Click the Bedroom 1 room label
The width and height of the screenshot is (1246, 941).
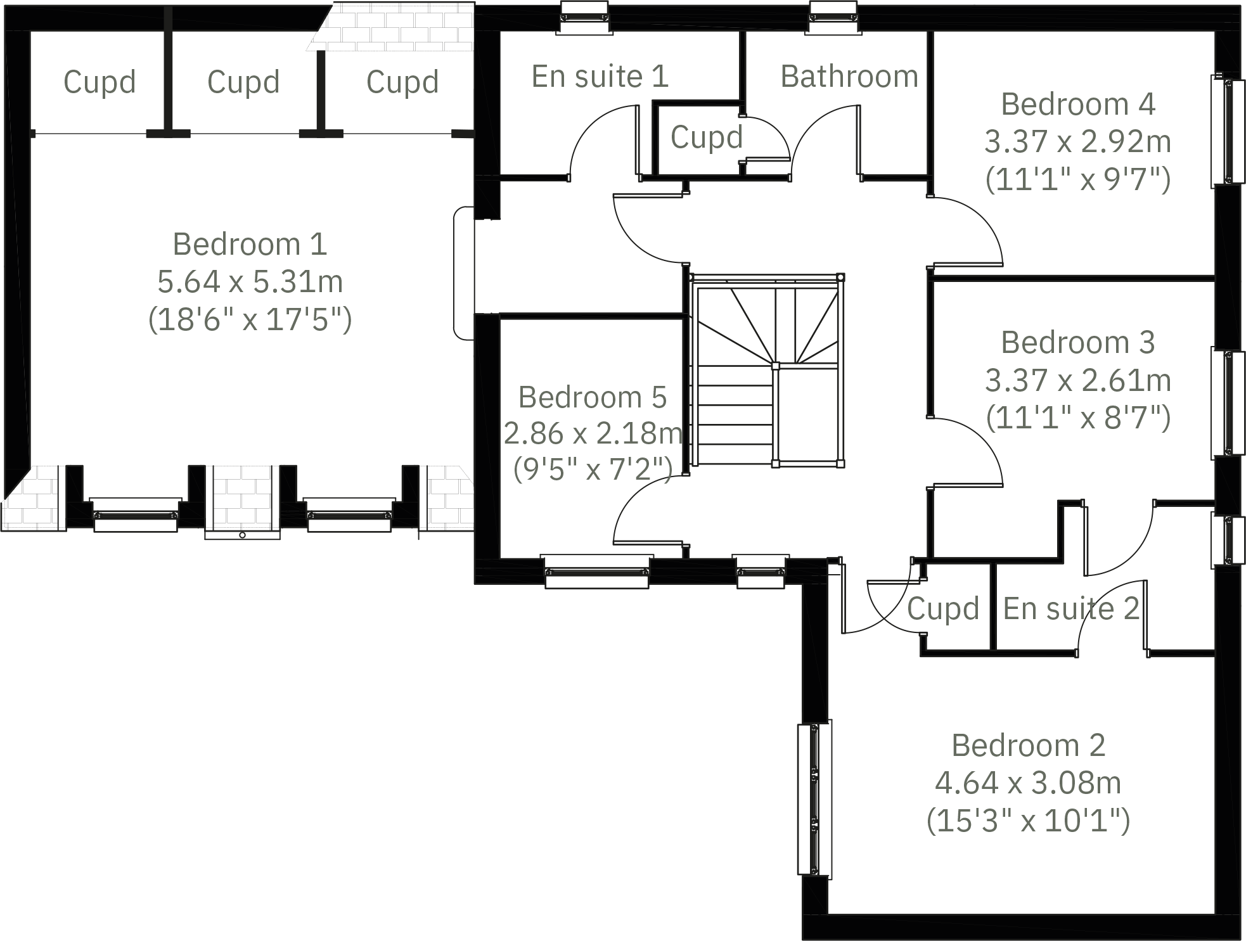click(x=250, y=245)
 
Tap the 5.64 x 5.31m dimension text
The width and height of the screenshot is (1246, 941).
click(x=250, y=282)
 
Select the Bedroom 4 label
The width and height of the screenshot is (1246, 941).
click(x=1077, y=105)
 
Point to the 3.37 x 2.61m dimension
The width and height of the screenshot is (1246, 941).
click(x=1077, y=380)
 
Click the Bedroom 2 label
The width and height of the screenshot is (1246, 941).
click(x=1028, y=746)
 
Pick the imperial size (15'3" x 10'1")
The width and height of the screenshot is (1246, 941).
click(x=1028, y=821)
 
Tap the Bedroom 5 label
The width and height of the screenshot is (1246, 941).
click(x=593, y=398)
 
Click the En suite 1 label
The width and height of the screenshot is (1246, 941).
click(x=600, y=77)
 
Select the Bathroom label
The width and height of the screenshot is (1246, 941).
click(x=849, y=77)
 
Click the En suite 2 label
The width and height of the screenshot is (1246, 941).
click(x=1071, y=609)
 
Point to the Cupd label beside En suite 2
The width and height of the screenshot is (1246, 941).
click(x=943, y=609)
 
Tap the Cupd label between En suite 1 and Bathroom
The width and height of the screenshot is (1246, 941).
click(x=706, y=138)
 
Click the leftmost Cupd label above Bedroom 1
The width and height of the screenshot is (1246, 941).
click(x=100, y=82)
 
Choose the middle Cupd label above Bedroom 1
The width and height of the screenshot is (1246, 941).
click(x=243, y=82)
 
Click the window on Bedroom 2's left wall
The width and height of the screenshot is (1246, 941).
click(x=814, y=800)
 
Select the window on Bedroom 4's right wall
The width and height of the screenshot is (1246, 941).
click(x=1228, y=131)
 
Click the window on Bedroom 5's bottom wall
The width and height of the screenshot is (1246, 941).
click(x=596, y=572)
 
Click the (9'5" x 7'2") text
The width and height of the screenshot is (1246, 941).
click(x=593, y=470)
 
